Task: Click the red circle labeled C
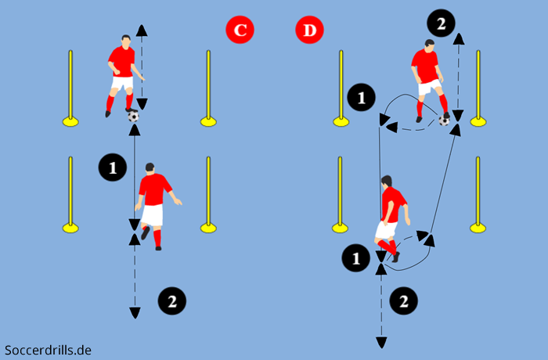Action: [240, 31]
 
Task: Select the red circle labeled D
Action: [310, 31]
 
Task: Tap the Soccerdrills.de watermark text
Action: [48, 350]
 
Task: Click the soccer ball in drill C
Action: [133, 116]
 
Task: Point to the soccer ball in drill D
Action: [444, 120]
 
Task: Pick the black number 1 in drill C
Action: [113, 167]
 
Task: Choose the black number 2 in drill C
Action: [171, 300]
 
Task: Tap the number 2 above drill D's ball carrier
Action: [442, 24]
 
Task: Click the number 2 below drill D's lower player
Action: [404, 300]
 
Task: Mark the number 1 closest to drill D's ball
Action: [361, 98]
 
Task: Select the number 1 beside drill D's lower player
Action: [356, 257]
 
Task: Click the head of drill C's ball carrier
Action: [126, 41]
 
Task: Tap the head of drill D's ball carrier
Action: [428, 45]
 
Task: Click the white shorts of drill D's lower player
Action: [385, 229]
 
